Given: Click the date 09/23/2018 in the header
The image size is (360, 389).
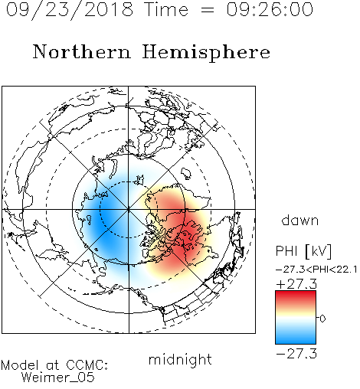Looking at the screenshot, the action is pos(70,10).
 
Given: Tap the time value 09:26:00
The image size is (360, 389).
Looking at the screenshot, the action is pos(270,9).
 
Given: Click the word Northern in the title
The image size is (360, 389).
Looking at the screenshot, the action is pos(82,51).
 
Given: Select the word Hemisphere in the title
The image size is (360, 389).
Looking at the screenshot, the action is pos(206,53).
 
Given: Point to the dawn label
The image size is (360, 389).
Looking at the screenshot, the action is pos(300,220).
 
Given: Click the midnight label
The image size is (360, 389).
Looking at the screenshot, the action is pos(180,359).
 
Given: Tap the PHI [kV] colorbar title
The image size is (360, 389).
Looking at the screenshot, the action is pos(304,251).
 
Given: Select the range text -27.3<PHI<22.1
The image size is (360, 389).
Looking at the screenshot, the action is pos(316,270).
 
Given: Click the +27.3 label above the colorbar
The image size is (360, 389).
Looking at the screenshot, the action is pos(296,284).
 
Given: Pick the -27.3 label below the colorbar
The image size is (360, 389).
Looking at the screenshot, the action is pos(296,354).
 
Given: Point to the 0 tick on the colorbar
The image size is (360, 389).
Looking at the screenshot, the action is pos(322,319).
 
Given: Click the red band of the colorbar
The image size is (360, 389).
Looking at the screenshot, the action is pos(296,298).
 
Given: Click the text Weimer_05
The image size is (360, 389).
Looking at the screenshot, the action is pos(57,378).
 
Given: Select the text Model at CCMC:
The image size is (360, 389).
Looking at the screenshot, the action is pos(54,365).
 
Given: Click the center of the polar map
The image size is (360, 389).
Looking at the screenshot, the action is pos(129,209).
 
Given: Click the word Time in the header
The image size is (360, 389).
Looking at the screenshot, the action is pos(166,9).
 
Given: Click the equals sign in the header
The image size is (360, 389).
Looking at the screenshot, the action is pos(208,10).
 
